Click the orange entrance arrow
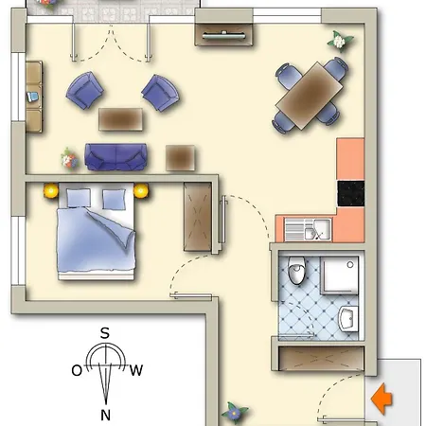tap(382, 398)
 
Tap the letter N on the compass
tap(106, 414)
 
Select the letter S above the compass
tap(106, 332)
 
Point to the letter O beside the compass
tap(77, 370)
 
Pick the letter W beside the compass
tap(136, 370)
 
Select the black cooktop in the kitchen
tap(350, 193)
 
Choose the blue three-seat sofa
tap(115, 156)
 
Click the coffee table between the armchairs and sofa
tap(121, 118)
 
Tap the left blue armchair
tap(85, 91)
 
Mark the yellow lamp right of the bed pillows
tap(142, 191)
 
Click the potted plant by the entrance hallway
tap(234, 414)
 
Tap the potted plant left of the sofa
tap(68, 157)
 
